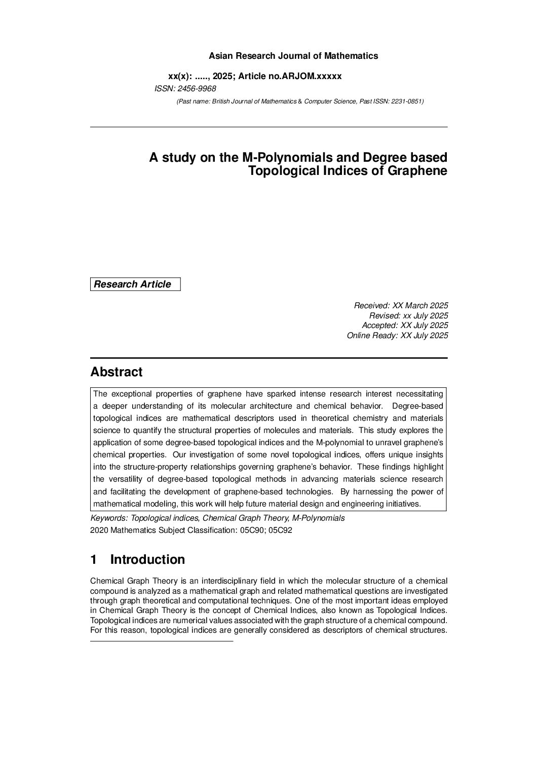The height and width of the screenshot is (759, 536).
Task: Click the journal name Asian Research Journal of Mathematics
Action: tap(293, 56)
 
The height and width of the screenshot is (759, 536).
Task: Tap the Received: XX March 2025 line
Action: tap(401, 305)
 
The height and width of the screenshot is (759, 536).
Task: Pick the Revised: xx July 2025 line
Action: tap(408, 315)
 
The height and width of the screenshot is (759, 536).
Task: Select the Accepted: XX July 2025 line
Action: tap(405, 326)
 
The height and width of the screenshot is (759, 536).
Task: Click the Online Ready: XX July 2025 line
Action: tap(397, 336)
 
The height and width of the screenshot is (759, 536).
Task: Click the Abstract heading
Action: tap(116, 372)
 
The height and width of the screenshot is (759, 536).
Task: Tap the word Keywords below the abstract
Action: tap(108, 518)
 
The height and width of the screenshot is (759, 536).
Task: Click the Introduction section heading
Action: tap(147, 560)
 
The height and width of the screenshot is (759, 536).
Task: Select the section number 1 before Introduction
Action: tap(93, 560)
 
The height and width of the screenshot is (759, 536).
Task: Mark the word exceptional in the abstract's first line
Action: tap(131, 394)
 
